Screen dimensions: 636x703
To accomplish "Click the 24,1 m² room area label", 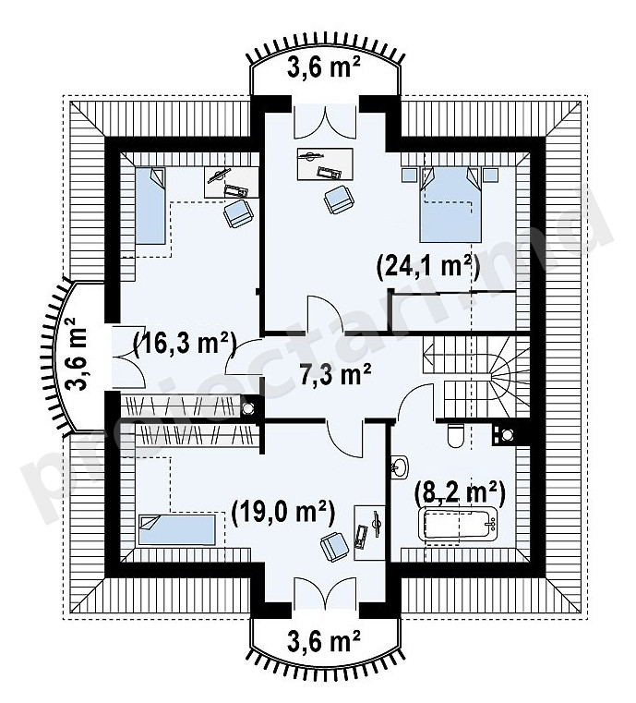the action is coord(427,267).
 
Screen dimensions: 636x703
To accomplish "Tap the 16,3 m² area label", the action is coord(185,345).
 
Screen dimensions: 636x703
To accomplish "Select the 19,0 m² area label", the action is coord(282,514).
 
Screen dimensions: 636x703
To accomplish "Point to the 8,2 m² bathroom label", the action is coord(460,492).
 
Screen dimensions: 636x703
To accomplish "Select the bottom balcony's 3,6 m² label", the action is coord(323,643).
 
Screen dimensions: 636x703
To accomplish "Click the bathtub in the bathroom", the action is coord(458,524).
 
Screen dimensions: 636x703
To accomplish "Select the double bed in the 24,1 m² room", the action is coord(450,205).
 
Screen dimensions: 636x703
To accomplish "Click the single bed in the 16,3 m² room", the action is coord(150,206).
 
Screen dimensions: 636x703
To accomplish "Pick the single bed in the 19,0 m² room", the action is coord(177,530).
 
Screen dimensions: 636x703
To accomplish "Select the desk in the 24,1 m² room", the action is coord(324,164).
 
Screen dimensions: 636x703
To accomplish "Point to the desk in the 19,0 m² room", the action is coord(369,533).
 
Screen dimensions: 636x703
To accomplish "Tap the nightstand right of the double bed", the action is coord(490,174).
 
